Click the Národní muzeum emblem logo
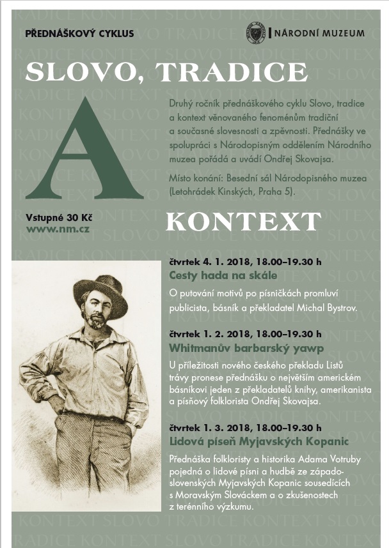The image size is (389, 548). [255, 33]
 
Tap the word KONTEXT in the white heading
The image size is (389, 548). [243, 222]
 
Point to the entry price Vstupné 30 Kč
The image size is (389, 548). [53, 216]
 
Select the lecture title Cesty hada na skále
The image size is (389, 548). [223, 276]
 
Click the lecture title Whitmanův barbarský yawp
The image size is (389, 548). [246, 348]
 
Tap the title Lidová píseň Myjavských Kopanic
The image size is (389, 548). [259, 441]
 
